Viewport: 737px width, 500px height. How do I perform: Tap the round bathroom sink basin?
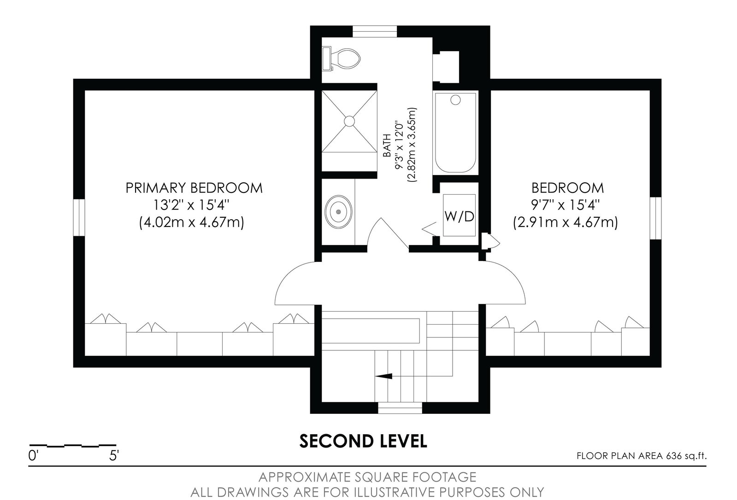(339, 212)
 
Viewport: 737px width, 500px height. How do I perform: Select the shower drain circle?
(349, 121)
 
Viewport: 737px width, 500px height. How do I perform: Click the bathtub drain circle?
(455, 100)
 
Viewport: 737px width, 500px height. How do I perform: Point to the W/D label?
(460, 216)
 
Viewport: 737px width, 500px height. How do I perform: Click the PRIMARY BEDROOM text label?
(194, 188)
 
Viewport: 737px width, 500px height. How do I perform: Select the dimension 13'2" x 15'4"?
(191, 205)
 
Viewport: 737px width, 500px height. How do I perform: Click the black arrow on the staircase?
(383, 376)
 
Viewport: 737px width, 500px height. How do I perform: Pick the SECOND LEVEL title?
(363, 441)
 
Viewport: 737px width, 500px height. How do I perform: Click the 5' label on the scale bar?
(114, 456)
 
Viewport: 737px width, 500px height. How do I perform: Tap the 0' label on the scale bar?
(34, 456)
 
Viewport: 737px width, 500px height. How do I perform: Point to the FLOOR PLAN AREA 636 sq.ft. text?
(642, 456)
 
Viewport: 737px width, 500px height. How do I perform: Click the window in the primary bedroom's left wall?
(79, 217)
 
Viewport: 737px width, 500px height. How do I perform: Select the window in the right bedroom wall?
(656, 218)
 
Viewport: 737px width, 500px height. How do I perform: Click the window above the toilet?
(375, 32)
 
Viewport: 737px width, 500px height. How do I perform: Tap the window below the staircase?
(400, 407)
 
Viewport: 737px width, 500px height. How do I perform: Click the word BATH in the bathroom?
(387, 145)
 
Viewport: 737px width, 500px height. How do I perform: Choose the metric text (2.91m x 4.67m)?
(565, 222)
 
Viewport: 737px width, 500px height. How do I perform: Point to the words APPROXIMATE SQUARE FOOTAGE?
(367, 477)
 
